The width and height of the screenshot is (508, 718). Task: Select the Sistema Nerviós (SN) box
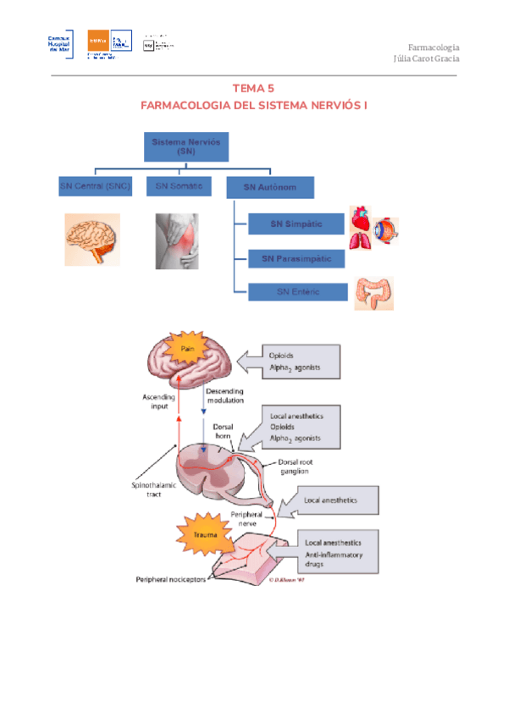pyautogui.click(x=186, y=146)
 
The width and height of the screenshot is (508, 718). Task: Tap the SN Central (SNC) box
pyautogui.click(x=95, y=186)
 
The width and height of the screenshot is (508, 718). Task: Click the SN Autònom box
pyautogui.click(x=270, y=187)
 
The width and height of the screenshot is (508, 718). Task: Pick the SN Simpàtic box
pyautogui.click(x=296, y=224)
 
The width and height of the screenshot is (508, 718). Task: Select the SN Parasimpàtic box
pyautogui.click(x=296, y=258)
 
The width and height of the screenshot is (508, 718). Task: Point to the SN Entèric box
pyautogui.click(x=296, y=292)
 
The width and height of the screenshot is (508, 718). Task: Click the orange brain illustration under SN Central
pyautogui.click(x=92, y=240)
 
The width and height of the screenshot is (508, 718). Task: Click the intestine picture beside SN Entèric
pyautogui.click(x=373, y=293)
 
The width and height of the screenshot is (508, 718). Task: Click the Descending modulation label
pyautogui.click(x=224, y=396)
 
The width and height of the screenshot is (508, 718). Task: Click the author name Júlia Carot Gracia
pyautogui.click(x=427, y=59)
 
